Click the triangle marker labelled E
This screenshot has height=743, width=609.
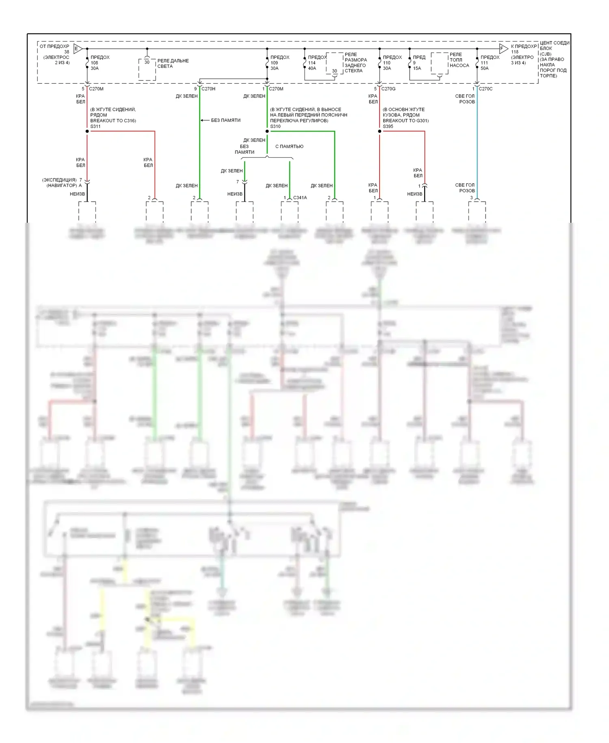click(x=78, y=49)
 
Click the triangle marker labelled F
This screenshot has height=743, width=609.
click(x=503, y=49)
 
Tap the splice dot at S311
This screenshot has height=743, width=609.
click(x=87, y=131)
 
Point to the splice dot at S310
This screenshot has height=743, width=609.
click(x=267, y=131)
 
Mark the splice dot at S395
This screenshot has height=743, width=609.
click(x=380, y=131)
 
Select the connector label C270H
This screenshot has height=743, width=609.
click(x=208, y=89)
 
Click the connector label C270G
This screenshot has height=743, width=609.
click(x=388, y=89)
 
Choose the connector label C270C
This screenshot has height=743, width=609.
click(x=486, y=89)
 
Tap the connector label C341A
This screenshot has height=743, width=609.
click(x=300, y=198)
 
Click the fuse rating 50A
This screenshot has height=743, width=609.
click(x=485, y=68)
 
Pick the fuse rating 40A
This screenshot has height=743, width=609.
click(x=312, y=68)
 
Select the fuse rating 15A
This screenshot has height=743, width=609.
click(x=417, y=68)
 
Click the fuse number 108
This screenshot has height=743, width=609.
click(x=94, y=63)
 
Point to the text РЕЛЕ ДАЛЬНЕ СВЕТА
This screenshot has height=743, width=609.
click(x=173, y=63)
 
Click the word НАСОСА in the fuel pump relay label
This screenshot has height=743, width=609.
click(x=459, y=65)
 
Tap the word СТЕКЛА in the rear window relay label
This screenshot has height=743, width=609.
click(x=354, y=71)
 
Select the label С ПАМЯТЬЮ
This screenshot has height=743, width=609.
click(x=289, y=146)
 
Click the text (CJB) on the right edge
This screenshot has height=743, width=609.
click(x=545, y=54)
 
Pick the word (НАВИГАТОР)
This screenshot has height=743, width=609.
click(x=62, y=185)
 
